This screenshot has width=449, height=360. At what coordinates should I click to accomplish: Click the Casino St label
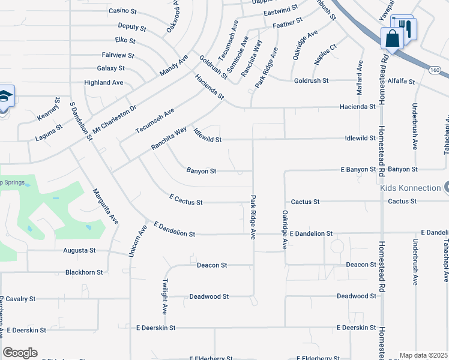coord(124,11)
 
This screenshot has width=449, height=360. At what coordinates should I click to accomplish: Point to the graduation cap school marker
coord(4,97)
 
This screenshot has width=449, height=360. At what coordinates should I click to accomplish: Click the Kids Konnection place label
coord(411,188)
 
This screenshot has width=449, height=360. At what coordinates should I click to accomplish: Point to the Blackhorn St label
coord(83,272)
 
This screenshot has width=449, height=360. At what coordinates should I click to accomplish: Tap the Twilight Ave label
coord(164,296)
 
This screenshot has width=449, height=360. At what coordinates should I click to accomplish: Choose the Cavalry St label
coord(22,298)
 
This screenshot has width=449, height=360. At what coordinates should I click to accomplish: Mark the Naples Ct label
coord(325,54)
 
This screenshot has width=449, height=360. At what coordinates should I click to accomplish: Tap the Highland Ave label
coord(104,82)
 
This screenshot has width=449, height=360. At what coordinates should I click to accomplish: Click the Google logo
coord(20,353)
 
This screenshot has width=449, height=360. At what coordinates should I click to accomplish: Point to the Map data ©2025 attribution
coord(423,355)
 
